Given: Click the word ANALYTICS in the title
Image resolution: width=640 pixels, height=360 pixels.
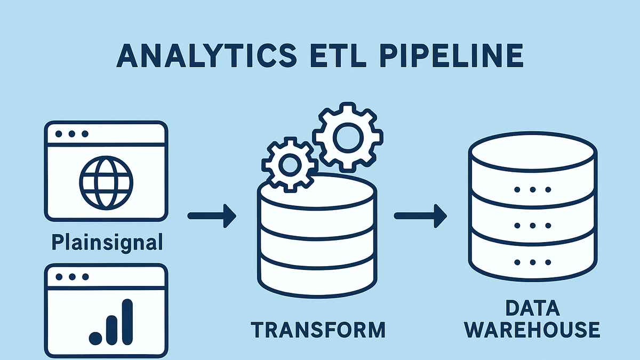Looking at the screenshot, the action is (x=207, y=55).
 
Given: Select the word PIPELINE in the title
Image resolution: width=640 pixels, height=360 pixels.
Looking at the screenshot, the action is (x=451, y=55).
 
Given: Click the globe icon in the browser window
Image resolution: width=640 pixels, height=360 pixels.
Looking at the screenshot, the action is (x=106, y=183).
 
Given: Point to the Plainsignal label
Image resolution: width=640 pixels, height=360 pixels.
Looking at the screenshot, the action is (x=107, y=243).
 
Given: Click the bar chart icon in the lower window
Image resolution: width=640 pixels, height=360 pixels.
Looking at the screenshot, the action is (x=111, y=322).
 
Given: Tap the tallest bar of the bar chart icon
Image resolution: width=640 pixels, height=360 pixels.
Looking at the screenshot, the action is (x=127, y=322).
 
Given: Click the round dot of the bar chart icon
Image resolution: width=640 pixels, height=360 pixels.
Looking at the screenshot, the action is (x=95, y=338).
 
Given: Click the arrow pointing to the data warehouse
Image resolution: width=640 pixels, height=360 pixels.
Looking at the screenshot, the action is (x=421, y=216).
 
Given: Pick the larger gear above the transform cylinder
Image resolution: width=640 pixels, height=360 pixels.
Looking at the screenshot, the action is (x=348, y=137).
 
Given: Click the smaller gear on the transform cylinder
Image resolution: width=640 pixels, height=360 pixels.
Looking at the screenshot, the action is (x=290, y=165).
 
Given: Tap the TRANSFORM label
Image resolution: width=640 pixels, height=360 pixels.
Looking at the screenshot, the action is (x=318, y=330).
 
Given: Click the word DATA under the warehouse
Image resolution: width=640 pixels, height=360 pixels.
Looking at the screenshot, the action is (x=533, y=308).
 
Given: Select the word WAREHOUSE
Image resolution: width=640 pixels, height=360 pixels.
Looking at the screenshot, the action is (x=533, y=330).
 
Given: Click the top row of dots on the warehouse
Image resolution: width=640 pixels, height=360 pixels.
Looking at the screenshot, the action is (x=533, y=189).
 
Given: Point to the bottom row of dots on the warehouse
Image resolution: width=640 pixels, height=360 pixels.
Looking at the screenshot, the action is (x=533, y=262).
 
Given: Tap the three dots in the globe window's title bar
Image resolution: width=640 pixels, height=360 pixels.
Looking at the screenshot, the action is (x=71, y=134).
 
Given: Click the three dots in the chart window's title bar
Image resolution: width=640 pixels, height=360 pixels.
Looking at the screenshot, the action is (x=72, y=277).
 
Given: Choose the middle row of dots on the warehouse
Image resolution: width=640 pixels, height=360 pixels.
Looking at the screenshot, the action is (x=533, y=226).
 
